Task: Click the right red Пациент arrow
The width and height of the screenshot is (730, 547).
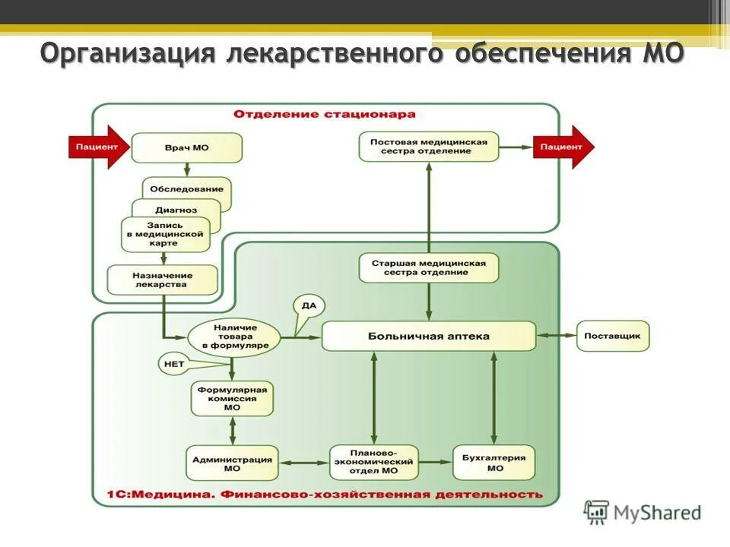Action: (561, 147)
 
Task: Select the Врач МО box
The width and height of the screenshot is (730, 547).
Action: (186, 147)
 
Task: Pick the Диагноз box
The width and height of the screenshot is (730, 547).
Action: (176, 209)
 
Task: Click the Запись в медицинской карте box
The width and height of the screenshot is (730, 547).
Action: (165, 235)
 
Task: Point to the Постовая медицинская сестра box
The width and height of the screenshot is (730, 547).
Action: (428, 146)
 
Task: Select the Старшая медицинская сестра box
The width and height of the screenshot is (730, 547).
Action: (428, 267)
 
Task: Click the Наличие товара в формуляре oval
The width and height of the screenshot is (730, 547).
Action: (235, 336)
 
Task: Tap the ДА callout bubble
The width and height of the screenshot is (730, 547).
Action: (309, 306)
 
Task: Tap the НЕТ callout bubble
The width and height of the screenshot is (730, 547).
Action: (174, 364)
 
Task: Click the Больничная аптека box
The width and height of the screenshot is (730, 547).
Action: (428, 336)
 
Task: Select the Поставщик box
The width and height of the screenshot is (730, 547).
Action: (613, 335)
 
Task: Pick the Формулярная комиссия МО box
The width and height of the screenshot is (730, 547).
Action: (232, 398)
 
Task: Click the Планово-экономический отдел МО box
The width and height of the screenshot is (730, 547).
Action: (374, 462)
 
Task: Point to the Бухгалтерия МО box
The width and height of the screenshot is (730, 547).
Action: (494, 463)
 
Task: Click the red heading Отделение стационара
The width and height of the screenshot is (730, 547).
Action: (325, 115)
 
